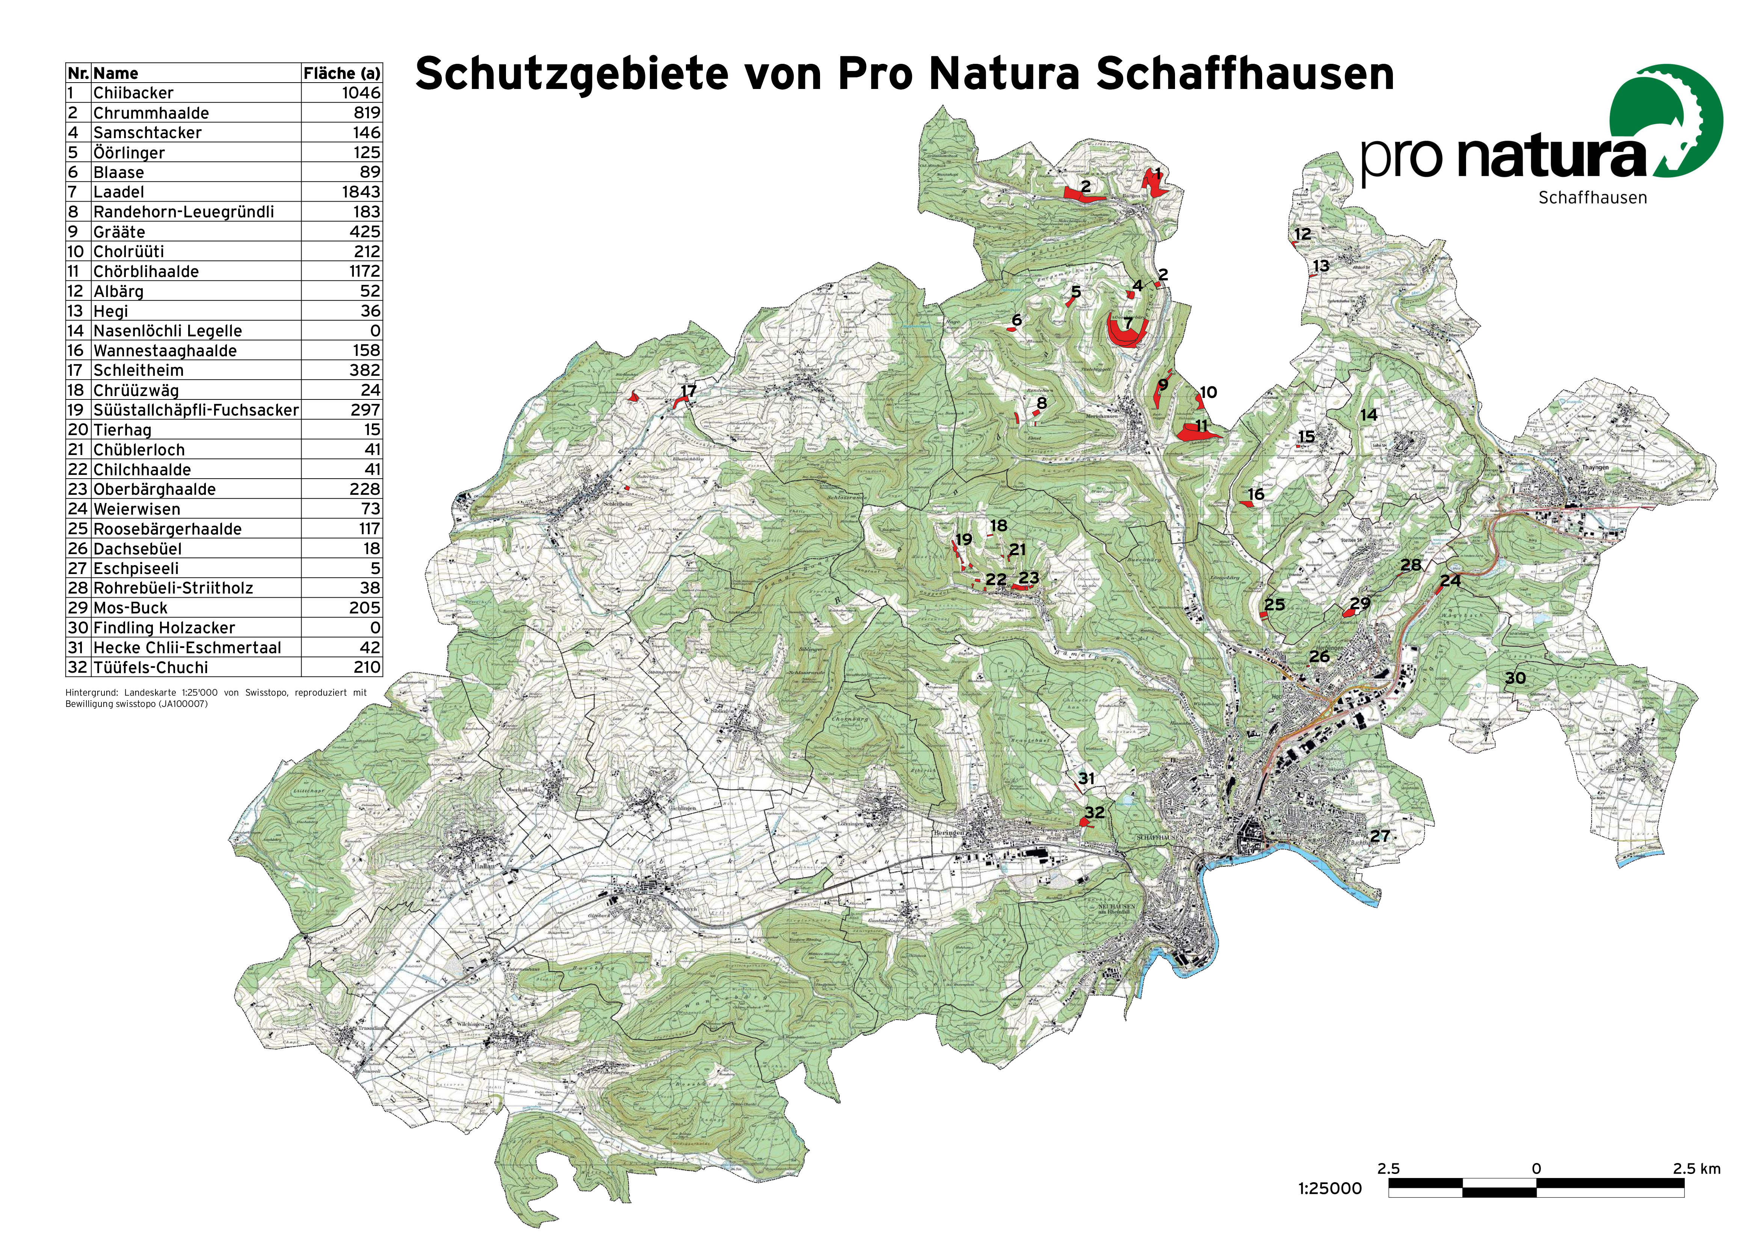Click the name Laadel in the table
pyautogui.click(x=119, y=192)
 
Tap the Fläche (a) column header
pyautogui.click(x=341, y=74)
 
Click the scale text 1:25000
pyautogui.click(x=1330, y=1189)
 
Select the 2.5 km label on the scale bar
pyautogui.click(x=1697, y=1169)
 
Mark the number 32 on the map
pyautogui.click(x=1095, y=812)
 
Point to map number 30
pyautogui.click(x=1515, y=678)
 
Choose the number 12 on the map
pyautogui.click(x=1302, y=234)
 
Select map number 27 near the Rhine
pyautogui.click(x=1380, y=836)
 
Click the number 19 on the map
pyautogui.click(x=964, y=539)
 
